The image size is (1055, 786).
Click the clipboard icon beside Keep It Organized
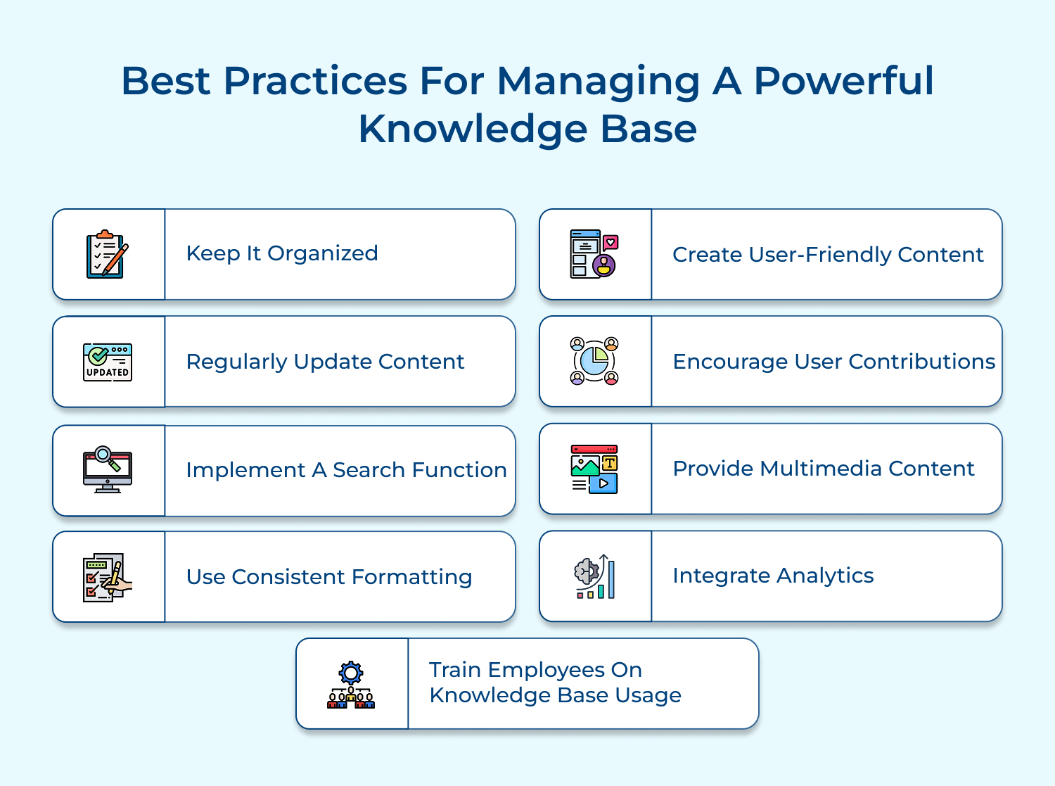tap(107, 254)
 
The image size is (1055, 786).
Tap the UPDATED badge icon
tap(108, 362)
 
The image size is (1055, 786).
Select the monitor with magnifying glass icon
tap(107, 469)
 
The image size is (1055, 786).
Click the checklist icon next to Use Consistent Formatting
tap(107, 577)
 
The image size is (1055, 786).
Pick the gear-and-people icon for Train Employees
tap(351, 685)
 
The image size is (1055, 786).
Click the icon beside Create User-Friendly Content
tap(594, 254)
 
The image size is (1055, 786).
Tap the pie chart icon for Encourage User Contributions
tap(594, 361)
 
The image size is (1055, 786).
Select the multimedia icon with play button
tap(594, 469)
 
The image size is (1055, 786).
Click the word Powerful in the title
tap(844, 80)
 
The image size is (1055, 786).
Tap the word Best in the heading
tap(165, 80)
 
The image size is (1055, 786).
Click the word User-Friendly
tap(819, 254)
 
